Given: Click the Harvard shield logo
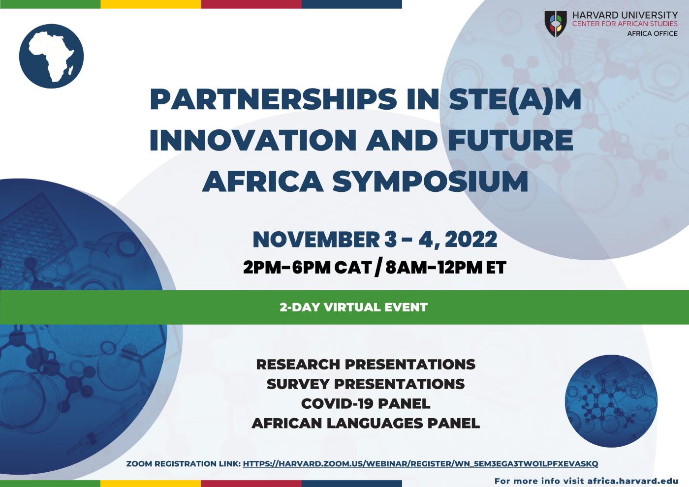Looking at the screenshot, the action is click(x=556, y=24).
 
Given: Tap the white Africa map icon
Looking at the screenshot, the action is click(x=52, y=57).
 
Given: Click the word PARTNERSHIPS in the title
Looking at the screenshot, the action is click(x=274, y=99).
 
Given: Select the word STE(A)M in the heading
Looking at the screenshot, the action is click(x=515, y=99).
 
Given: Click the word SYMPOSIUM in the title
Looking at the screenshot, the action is click(x=430, y=181).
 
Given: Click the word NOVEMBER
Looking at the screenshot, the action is click(x=316, y=239).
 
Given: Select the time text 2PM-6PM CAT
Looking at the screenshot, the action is click(x=307, y=268).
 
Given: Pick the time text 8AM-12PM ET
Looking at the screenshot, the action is click(x=446, y=268).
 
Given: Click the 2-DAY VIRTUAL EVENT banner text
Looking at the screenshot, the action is click(x=353, y=307).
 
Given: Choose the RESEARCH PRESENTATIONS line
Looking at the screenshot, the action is click(x=366, y=365).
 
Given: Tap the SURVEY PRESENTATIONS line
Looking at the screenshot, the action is click(x=366, y=384).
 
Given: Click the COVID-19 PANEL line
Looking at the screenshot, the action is click(x=366, y=404).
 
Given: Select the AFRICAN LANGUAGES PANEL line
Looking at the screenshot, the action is click(x=366, y=424).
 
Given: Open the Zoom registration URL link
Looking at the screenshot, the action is click(x=420, y=463).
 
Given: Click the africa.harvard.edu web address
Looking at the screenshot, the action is click(x=633, y=481).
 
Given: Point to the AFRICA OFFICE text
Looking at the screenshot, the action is click(x=653, y=33).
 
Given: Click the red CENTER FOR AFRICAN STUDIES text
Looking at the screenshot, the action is click(x=625, y=24).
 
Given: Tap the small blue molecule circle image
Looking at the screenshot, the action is click(x=611, y=401).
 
